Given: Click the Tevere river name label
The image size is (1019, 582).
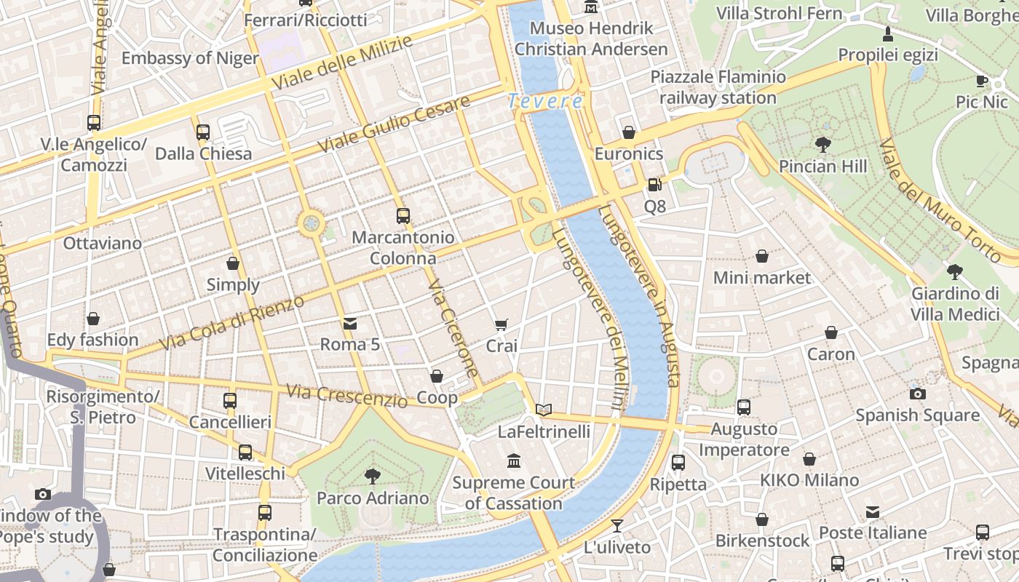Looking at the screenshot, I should click(545, 101).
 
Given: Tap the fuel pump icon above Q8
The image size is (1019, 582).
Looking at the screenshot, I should click(654, 186).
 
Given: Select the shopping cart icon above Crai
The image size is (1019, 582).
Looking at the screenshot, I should click(501, 324).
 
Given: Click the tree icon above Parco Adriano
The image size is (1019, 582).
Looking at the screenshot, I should click(372, 477).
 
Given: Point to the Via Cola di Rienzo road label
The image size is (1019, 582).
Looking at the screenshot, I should click(231, 322).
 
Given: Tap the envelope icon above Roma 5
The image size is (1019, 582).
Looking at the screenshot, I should click(350, 323).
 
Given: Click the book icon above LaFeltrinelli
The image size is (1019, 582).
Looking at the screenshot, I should click(544, 410).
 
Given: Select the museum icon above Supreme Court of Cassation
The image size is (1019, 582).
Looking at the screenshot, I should click(514, 461).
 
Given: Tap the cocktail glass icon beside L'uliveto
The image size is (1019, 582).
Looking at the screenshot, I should click(617, 525).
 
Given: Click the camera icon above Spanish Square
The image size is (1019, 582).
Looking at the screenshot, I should click(917, 394).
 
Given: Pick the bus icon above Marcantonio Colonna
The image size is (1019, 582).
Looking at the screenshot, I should click(403, 215).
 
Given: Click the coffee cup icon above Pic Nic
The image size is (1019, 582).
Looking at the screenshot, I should click(981, 81).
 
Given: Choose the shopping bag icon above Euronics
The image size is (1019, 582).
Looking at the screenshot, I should click(629, 132).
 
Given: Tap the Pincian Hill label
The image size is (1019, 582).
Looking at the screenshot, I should click(822, 167).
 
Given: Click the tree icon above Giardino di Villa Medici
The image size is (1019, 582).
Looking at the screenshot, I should click(955, 272).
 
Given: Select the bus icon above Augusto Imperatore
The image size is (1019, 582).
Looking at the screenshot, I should click(743, 407).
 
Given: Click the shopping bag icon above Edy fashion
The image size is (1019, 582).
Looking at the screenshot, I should click(92, 319).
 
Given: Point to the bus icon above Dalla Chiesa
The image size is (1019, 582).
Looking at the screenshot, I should click(203, 132).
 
